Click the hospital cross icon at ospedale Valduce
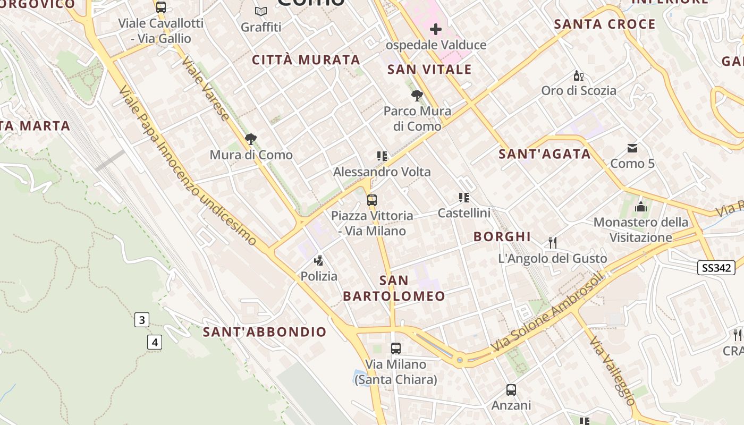(436, 29)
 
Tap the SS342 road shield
(716, 268)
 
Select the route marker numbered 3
(141, 320)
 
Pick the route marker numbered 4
(155, 342)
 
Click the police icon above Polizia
(319, 260)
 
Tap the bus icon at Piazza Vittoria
(372, 200)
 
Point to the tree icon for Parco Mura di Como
(417, 96)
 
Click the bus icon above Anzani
(511, 390)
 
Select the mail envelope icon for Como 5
(632, 148)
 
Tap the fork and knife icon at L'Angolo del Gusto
(553, 243)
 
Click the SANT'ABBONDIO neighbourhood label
(265, 332)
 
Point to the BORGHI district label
(502, 236)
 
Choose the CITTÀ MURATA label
(306, 59)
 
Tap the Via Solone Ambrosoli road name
(548, 312)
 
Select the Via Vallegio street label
(612, 371)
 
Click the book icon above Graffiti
(260, 11)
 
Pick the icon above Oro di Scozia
(578, 75)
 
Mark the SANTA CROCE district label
(605, 24)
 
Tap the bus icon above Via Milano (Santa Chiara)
(396, 348)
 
